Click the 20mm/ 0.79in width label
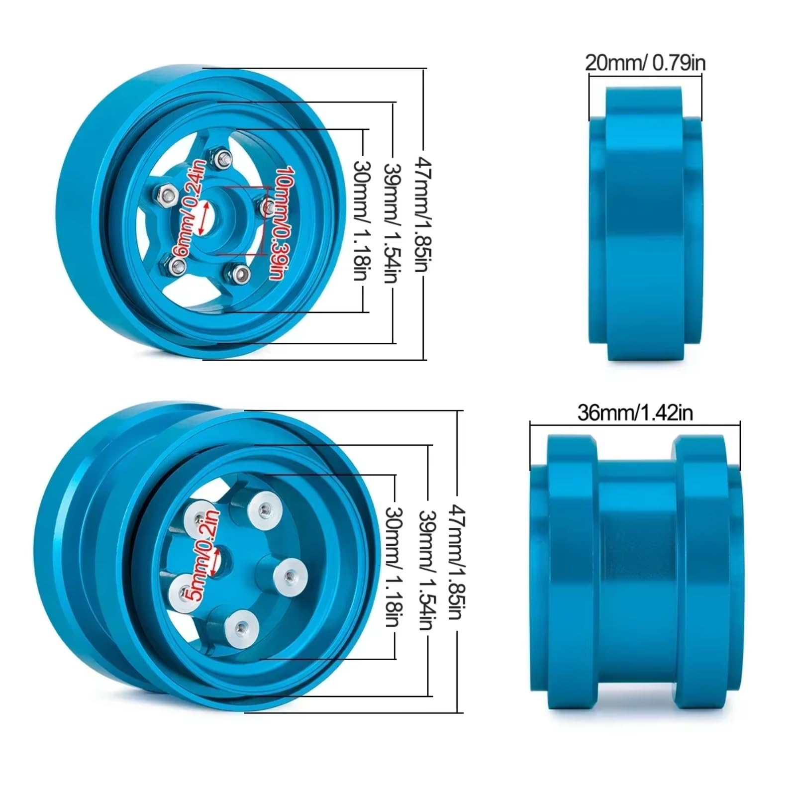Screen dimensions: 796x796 click(645, 63)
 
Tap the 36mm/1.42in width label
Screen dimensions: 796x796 click(635, 413)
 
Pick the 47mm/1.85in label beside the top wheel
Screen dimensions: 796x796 click(423, 214)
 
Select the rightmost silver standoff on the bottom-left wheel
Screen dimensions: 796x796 click(289, 577)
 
